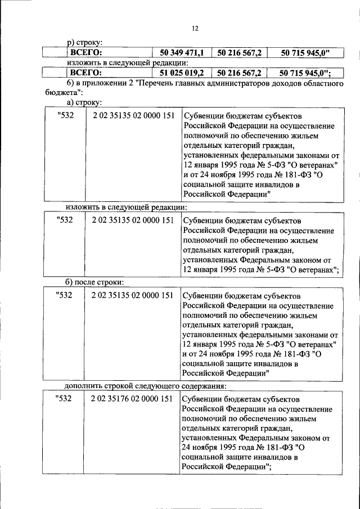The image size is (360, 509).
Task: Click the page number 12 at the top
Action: click(195, 28)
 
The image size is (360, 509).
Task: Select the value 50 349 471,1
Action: click(182, 53)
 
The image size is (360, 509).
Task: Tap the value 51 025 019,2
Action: click(182, 73)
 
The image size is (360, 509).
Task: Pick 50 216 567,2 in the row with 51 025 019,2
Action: click(239, 73)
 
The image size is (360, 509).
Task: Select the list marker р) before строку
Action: click(70, 42)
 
